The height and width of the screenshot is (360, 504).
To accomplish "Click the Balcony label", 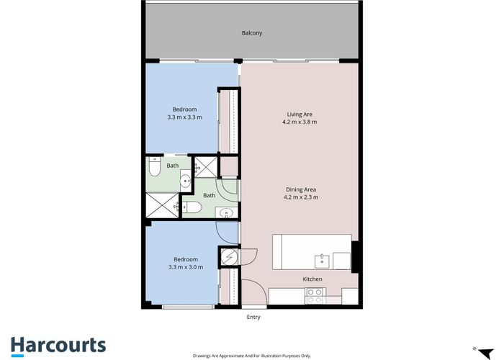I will (x=251, y=33).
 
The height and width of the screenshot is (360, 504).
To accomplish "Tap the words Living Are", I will (x=300, y=114).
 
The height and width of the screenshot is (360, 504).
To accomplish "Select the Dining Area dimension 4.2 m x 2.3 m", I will (x=301, y=197).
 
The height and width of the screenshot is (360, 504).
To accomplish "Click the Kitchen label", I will (x=312, y=279).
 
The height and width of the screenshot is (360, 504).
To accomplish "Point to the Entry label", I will (x=253, y=317).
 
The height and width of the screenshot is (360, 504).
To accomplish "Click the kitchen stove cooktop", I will (x=315, y=294).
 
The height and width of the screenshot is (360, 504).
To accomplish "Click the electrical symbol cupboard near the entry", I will (x=228, y=257).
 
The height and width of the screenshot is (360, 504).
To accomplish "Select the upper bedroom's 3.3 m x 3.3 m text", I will (x=184, y=117).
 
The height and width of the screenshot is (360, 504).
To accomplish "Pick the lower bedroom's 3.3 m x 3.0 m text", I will (x=185, y=267).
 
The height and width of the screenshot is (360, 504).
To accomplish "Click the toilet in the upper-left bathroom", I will (x=153, y=168).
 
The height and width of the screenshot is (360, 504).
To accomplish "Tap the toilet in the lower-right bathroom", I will (x=192, y=208).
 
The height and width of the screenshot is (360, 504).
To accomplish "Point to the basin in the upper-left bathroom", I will (x=184, y=181).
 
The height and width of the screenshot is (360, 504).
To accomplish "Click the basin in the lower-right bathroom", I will (x=226, y=212).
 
